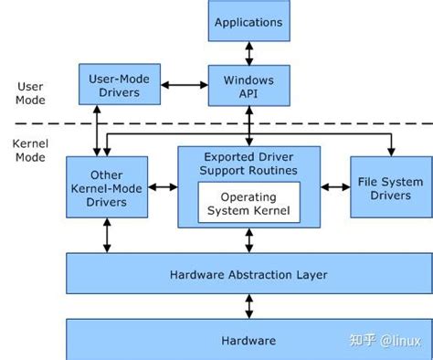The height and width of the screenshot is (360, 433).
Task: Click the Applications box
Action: (x=248, y=21)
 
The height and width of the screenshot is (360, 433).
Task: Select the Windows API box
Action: (x=248, y=87)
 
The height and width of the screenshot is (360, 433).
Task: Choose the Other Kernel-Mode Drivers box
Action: (x=107, y=186)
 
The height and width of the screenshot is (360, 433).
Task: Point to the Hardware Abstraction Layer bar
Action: (x=248, y=274)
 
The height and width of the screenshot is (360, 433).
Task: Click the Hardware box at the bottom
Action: (x=248, y=340)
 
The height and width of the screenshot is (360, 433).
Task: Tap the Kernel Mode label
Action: (x=31, y=152)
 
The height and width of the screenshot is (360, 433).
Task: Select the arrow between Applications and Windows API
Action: (x=248, y=53)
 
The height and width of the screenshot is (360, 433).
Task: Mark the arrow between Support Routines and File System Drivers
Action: (x=334, y=187)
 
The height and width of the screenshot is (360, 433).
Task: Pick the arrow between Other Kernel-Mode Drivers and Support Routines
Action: (x=163, y=187)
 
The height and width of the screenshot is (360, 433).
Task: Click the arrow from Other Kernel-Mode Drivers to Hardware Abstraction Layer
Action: (x=107, y=236)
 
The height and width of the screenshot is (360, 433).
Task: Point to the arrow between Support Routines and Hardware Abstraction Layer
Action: (x=248, y=240)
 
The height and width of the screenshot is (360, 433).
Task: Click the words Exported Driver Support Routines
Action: (x=248, y=164)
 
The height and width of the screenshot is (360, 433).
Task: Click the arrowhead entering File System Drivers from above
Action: (x=392, y=150)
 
